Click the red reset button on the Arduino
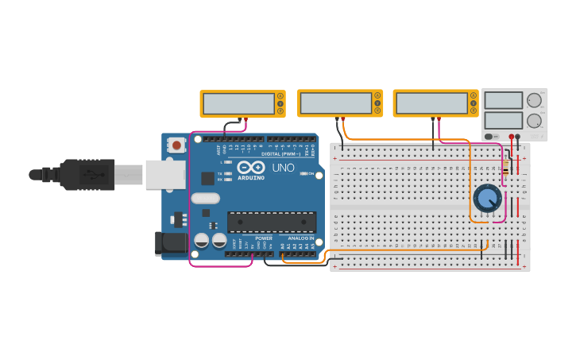(x=176, y=145)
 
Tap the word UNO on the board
(x=284, y=168)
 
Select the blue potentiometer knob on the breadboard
(x=487, y=198)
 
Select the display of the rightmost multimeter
(x=431, y=103)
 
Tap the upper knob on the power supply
(x=534, y=101)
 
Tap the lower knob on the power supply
(x=534, y=122)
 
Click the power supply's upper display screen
(x=504, y=101)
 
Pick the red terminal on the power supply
(x=511, y=137)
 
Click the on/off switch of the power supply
(x=489, y=137)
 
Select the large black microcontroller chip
(x=272, y=223)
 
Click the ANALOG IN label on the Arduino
(x=300, y=238)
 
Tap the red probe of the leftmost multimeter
(x=245, y=119)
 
